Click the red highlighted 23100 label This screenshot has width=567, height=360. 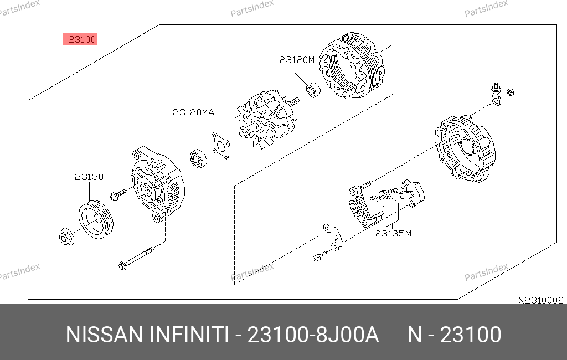pyautogui.click(x=80, y=39)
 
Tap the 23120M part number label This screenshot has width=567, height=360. pyautogui.click(x=297, y=60)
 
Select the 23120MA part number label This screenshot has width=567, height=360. pyautogui.click(x=193, y=112)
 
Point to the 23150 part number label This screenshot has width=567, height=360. pyautogui.click(x=89, y=177)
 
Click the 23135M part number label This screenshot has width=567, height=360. pyautogui.click(x=393, y=234)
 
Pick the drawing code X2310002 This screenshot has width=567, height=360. pyautogui.click(x=540, y=300)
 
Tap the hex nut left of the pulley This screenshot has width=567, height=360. pyautogui.click(x=66, y=236)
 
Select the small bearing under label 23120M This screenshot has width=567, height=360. pyautogui.click(x=313, y=90)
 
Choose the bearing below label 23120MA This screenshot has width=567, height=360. pyautogui.click(x=198, y=158)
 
